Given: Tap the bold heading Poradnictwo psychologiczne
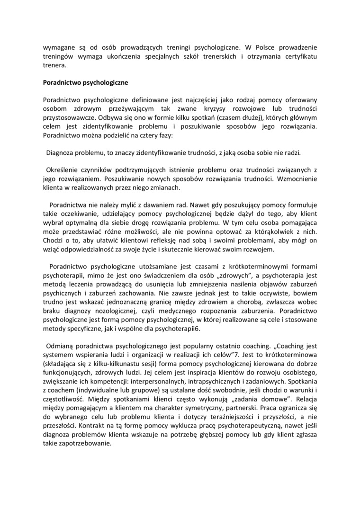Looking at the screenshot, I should point(83,83).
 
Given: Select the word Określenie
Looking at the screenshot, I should point(62,170).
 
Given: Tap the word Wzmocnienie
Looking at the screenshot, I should point(296,179).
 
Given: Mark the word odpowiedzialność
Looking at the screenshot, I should point(93,249).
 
